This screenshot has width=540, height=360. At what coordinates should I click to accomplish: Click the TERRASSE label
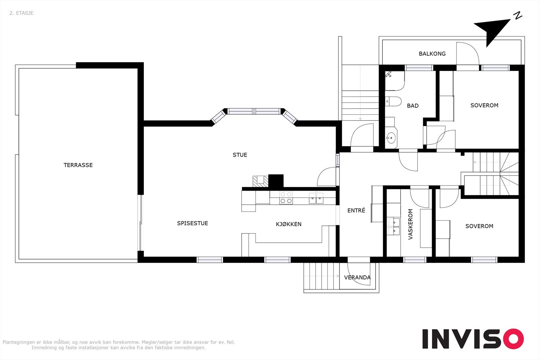pyautogui.click(x=78, y=165)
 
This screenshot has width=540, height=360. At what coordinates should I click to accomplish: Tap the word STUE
pyautogui.click(x=240, y=155)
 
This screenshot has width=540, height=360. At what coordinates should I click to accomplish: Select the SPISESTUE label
pyautogui.click(x=192, y=223)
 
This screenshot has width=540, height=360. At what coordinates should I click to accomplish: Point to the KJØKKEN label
pyautogui.click(x=289, y=224)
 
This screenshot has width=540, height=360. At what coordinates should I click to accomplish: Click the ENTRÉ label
pyautogui.click(x=356, y=210)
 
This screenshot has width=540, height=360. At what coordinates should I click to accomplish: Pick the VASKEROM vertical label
pyautogui.click(x=410, y=224)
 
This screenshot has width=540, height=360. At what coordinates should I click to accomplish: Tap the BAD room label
pyautogui.click(x=413, y=106)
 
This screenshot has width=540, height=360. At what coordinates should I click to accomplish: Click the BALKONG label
pyautogui.click(x=432, y=54)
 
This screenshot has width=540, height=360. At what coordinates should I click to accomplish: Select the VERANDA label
pyautogui.click(x=357, y=277)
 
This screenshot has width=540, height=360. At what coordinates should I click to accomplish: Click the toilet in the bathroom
pyautogui.click(x=393, y=102)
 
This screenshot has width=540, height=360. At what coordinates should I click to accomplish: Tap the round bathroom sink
pyautogui.click(x=391, y=138)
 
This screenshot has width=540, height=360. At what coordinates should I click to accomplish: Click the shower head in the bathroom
pyautogui.click(x=388, y=74)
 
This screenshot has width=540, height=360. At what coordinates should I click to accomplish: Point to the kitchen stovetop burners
pyautogui.click(x=286, y=198)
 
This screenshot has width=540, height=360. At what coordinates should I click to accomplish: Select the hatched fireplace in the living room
pyautogui.click(x=260, y=181)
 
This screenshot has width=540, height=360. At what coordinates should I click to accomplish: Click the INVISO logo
pyautogui.click(x=473, y=339)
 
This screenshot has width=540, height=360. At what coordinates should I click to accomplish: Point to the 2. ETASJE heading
pyautogui.click(x=22, y=13)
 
